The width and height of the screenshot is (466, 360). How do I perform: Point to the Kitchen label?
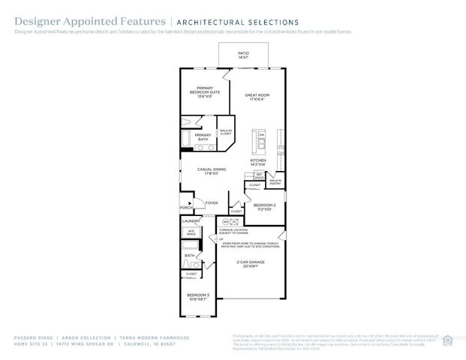tap(258, 162)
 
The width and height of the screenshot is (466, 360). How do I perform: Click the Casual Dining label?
tap(211, 171)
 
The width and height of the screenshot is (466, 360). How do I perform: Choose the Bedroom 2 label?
tap(265, 207)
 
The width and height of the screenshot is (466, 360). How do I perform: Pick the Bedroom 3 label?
tap(197, 296)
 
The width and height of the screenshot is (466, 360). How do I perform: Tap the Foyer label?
tap(212, 202)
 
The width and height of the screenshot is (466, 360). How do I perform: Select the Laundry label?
tap(191, 221)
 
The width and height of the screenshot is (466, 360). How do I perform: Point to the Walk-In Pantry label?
tap(275, 181)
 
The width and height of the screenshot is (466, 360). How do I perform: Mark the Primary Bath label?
tap(203, 137)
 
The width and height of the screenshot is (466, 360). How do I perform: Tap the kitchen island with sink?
tap(262, 142)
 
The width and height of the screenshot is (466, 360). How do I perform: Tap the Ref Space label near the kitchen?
tap(259, 177)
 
